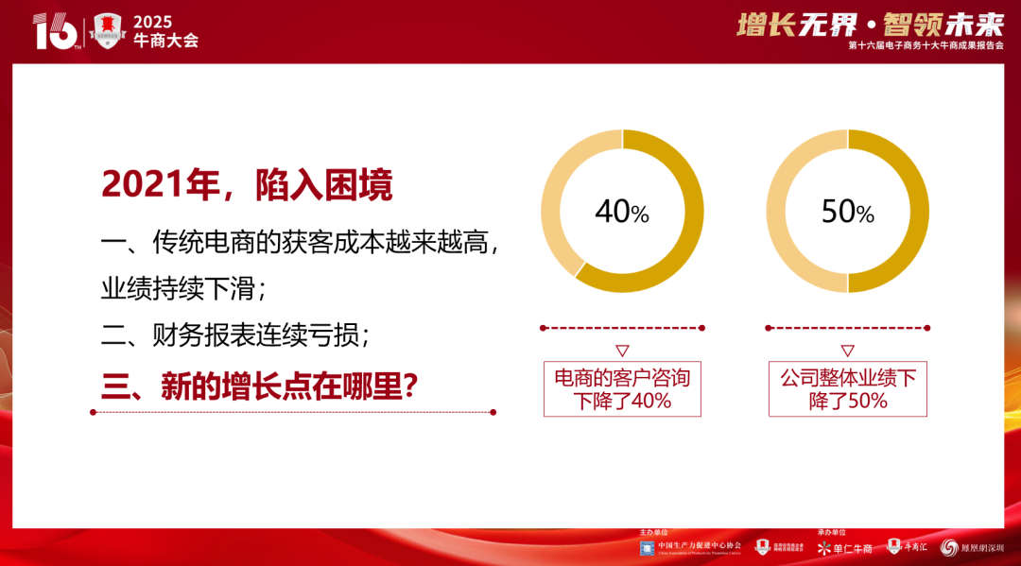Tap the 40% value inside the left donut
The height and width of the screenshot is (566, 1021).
[622, 212]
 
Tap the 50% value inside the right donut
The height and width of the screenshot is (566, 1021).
[848, 212]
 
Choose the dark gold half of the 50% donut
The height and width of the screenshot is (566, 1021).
[907, 212]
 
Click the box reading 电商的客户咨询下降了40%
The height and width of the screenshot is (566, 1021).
[622, 389]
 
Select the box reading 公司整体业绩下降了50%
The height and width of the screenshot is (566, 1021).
[848, 389]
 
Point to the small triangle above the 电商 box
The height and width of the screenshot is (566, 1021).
[622, 349]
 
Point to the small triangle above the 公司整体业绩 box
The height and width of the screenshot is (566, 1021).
[848, 349]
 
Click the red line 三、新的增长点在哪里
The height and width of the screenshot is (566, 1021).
[261, 386]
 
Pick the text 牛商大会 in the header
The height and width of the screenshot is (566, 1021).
[165, 41]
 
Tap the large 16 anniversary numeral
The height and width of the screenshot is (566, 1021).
[55, 32]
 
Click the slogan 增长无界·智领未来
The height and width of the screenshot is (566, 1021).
[870, 24]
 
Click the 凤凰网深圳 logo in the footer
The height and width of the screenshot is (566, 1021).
[978, 547]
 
